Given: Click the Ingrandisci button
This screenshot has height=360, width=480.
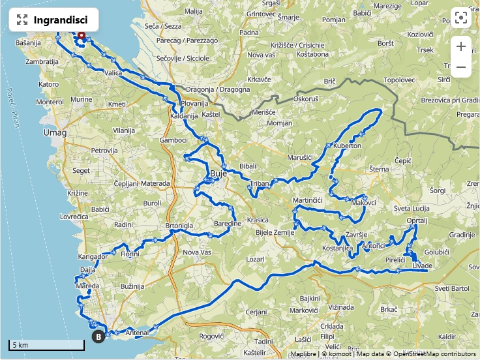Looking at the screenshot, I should (53, 20).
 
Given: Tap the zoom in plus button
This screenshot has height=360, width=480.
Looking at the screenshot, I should (461, 46).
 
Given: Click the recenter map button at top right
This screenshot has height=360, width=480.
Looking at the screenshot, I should (461, 18).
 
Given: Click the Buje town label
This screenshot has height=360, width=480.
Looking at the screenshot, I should (218, 173).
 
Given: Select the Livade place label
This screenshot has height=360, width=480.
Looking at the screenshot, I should (423, 265).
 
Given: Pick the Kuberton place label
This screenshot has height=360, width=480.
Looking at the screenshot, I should (347, 145).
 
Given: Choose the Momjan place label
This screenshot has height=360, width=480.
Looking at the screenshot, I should (280, 123).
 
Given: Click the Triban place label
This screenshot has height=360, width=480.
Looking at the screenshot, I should (260, 184).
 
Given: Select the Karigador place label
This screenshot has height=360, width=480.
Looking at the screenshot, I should (93, 256).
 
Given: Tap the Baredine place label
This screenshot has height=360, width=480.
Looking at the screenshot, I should (228, 224).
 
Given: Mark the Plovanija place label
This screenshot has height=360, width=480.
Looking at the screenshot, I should (194, 103).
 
